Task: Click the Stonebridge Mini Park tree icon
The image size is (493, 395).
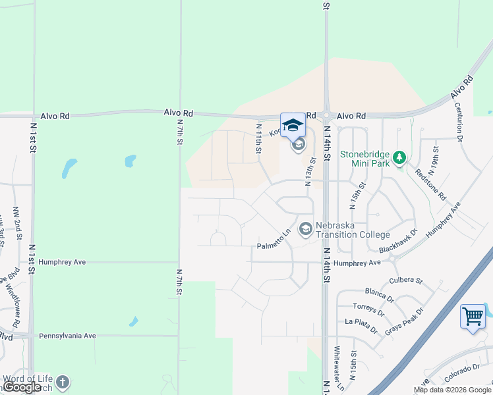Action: click(x=398, y=158)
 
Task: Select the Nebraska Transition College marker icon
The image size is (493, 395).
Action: click(x=305, y=229)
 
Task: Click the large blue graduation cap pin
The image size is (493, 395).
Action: click(x=293, y=125)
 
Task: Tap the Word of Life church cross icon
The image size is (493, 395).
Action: click(x=62, y=382)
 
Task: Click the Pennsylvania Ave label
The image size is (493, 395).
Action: click(x=67, y=336)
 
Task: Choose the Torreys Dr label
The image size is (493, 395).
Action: click(x=368, y=307)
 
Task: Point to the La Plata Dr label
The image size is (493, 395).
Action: click(x=361, y=322)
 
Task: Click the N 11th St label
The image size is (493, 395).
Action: click(x=259, y=140)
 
